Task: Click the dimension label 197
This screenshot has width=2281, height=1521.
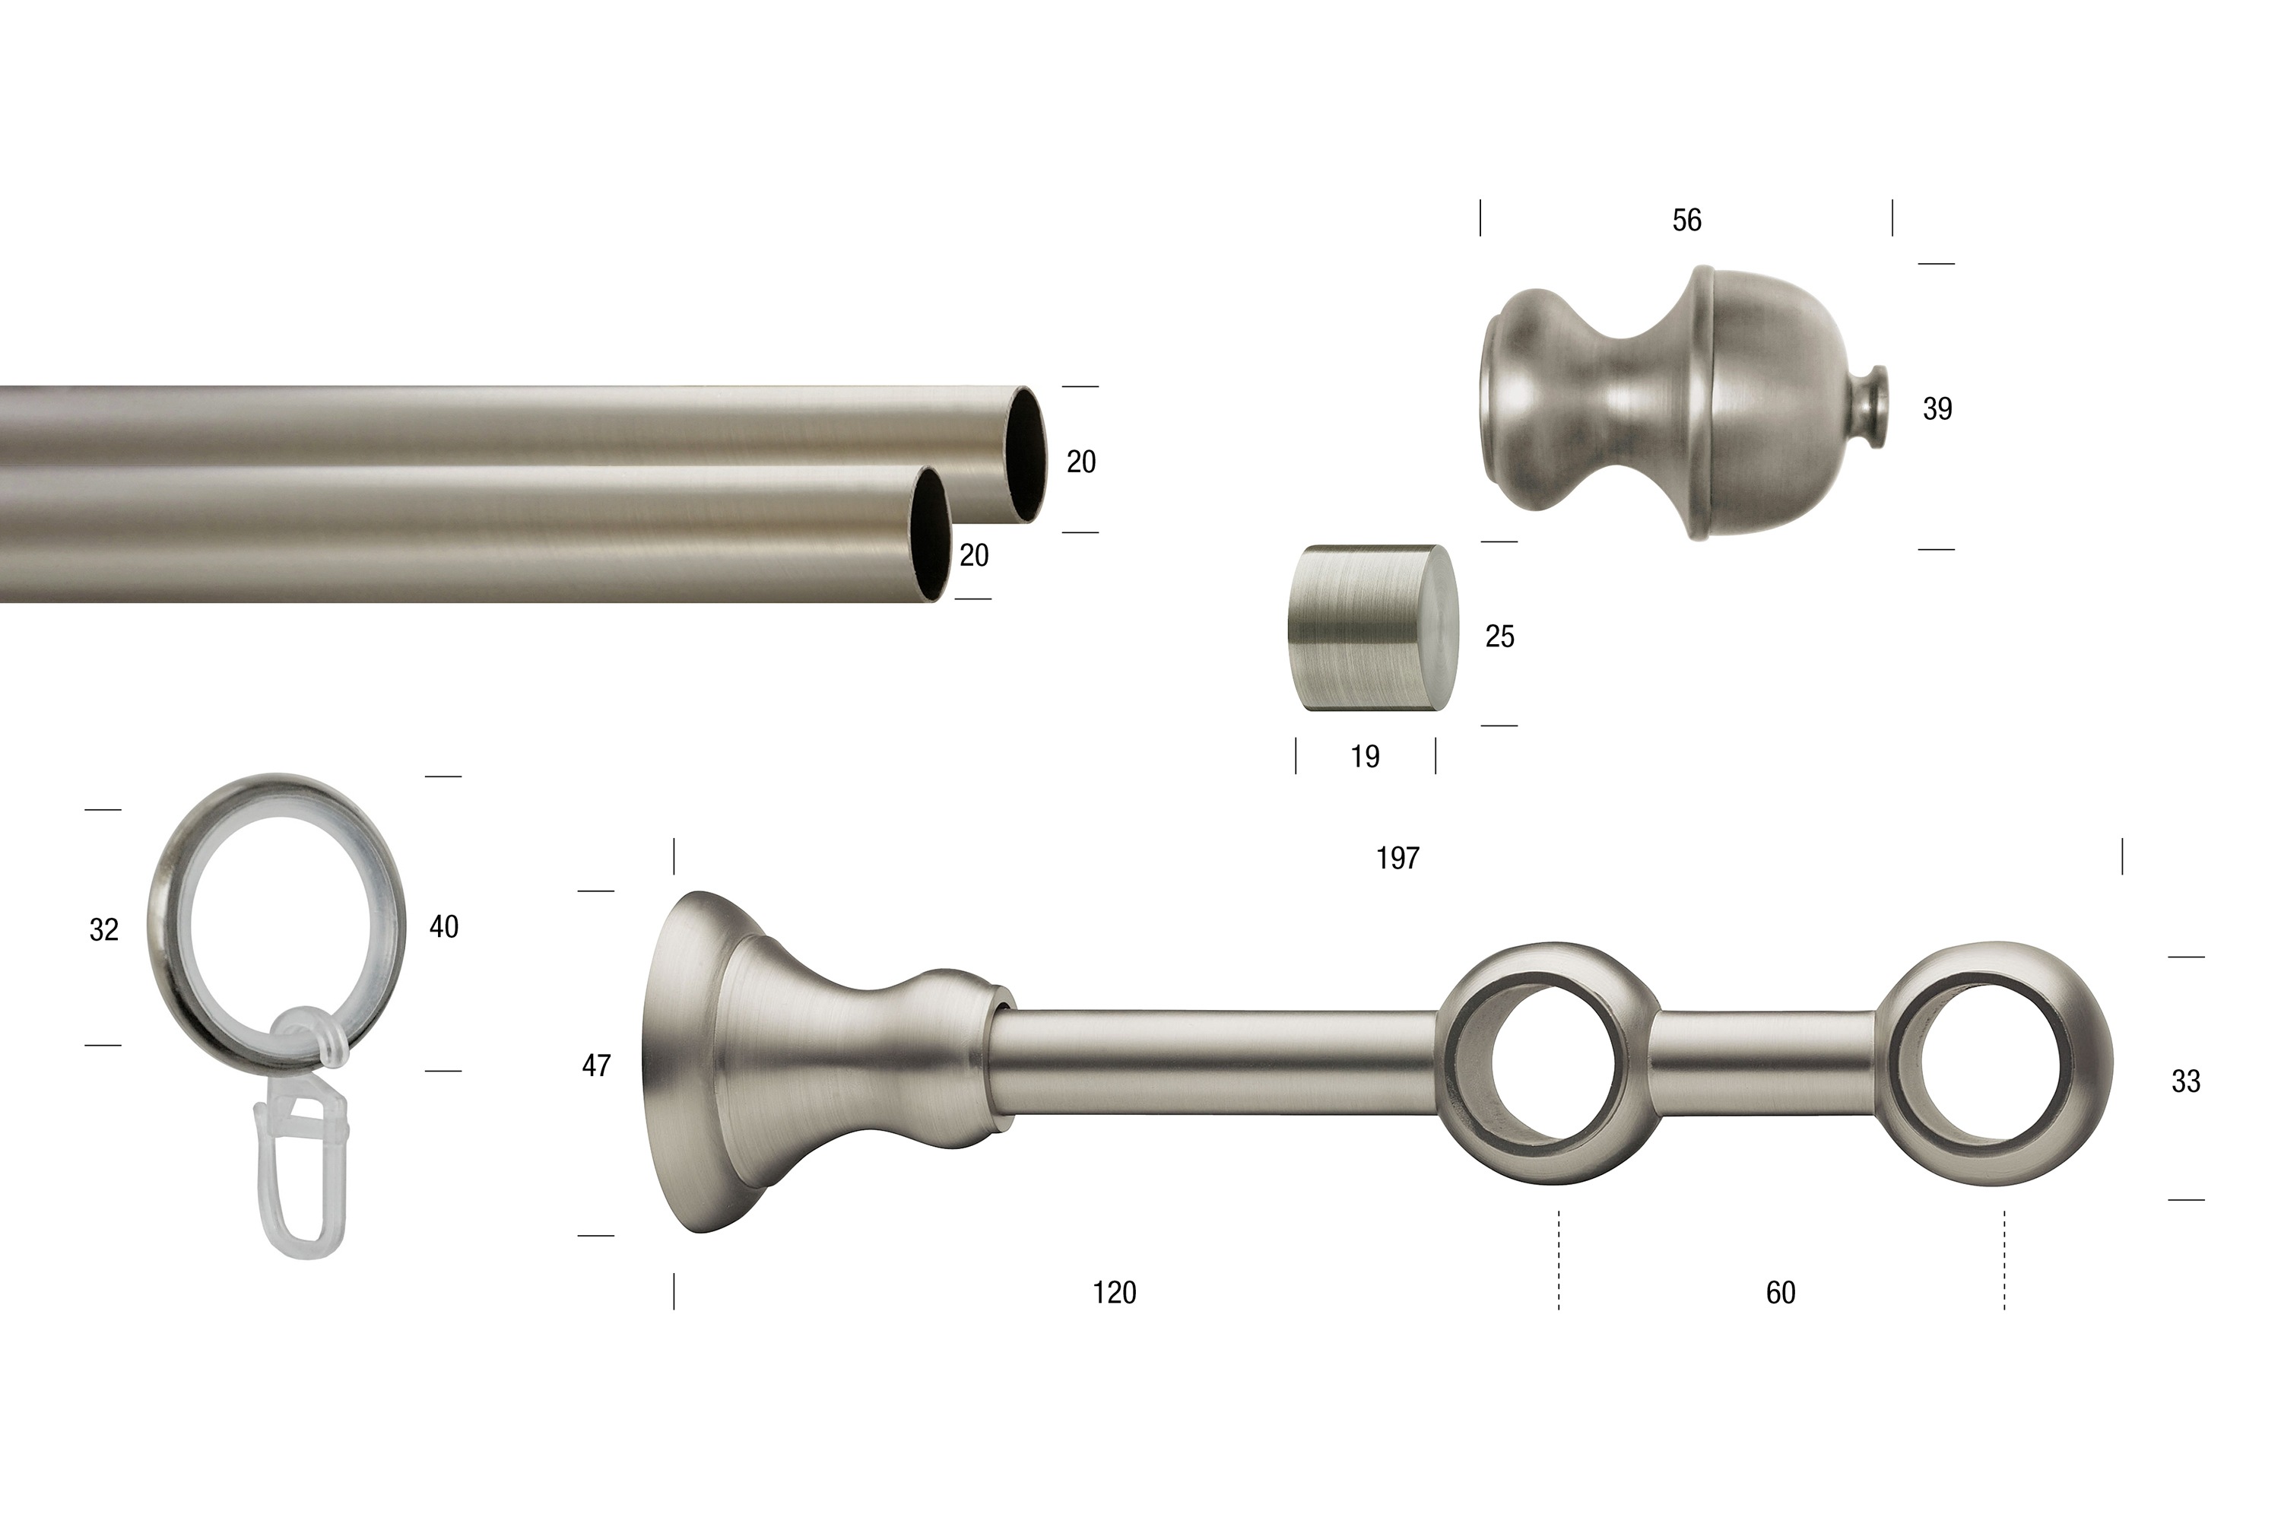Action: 1397,858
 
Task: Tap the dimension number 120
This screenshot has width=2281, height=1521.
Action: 1115,1292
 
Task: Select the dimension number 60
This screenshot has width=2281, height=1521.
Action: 1781,1292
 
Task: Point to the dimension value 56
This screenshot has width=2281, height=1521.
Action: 1686,221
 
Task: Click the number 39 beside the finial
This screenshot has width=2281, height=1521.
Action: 1937,408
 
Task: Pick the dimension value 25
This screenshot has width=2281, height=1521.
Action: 1499,637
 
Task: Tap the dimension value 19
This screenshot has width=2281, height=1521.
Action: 1365,757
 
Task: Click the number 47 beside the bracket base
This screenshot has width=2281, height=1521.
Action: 596,1065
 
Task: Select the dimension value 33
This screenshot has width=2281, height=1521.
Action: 2186,1081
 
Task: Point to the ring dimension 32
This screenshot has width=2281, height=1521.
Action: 103,929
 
